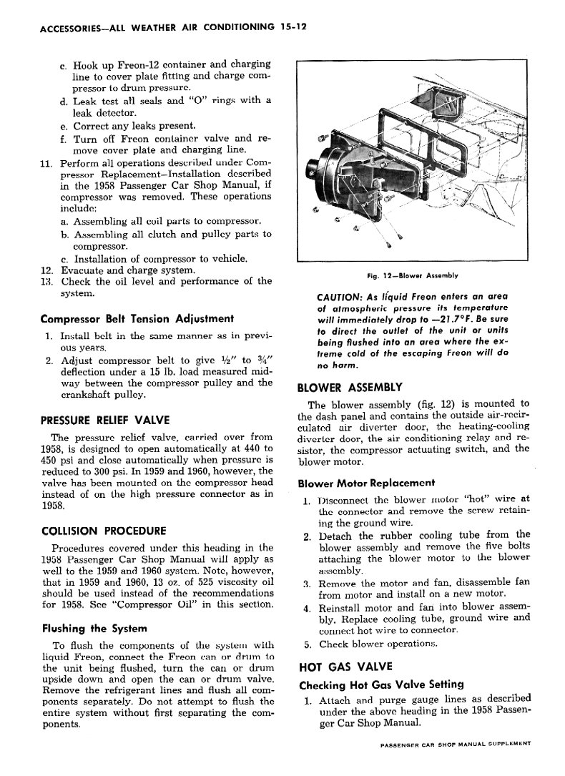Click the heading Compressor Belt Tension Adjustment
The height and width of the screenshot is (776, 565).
tap(138, 318)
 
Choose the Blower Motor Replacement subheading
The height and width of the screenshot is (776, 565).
tap(366, 483)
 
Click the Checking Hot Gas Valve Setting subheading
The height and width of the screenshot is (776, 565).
tap(381, 684)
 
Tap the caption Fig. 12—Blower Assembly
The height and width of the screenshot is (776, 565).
tap(413, 275)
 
